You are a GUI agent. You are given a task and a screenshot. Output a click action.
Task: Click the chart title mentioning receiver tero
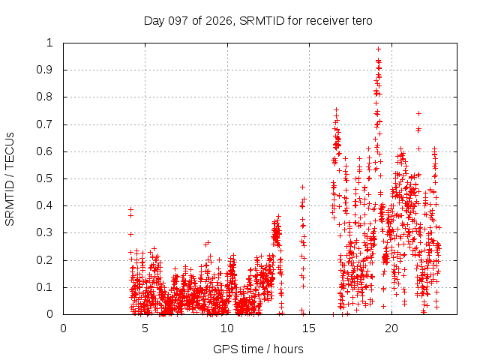(258, 21)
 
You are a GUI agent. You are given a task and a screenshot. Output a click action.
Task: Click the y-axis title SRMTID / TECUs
(10, 179)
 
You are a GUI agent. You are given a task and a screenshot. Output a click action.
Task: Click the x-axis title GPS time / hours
(258, 349)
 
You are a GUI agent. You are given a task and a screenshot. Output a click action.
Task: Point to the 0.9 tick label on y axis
(44, 70)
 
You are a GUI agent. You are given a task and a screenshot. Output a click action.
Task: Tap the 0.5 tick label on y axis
(44, 178)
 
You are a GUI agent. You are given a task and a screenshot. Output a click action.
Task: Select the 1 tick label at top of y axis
(49, 43)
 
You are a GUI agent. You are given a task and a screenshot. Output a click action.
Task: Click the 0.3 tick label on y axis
(44, 232)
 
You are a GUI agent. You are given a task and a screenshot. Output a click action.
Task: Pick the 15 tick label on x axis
(309, 328)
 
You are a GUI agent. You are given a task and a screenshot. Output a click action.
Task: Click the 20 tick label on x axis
(391, 328)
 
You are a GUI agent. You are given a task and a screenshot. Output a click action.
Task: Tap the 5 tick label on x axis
(145, 328)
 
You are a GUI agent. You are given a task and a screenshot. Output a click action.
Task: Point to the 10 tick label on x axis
(227, 328)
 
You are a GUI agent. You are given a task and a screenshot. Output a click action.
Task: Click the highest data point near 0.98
(378, 49)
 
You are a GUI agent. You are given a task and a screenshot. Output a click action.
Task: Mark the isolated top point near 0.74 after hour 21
(418, 113)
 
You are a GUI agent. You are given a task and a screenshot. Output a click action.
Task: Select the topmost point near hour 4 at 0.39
(130, 210)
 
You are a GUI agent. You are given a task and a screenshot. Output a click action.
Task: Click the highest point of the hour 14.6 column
(302, 187)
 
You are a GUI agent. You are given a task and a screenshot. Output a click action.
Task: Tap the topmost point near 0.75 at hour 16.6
(336, 109)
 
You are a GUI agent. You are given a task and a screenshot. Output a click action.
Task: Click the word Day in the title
(154, 21)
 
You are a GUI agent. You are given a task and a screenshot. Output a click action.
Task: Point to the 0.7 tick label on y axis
(44, 124)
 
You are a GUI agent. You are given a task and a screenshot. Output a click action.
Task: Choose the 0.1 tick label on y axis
(44, 287)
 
